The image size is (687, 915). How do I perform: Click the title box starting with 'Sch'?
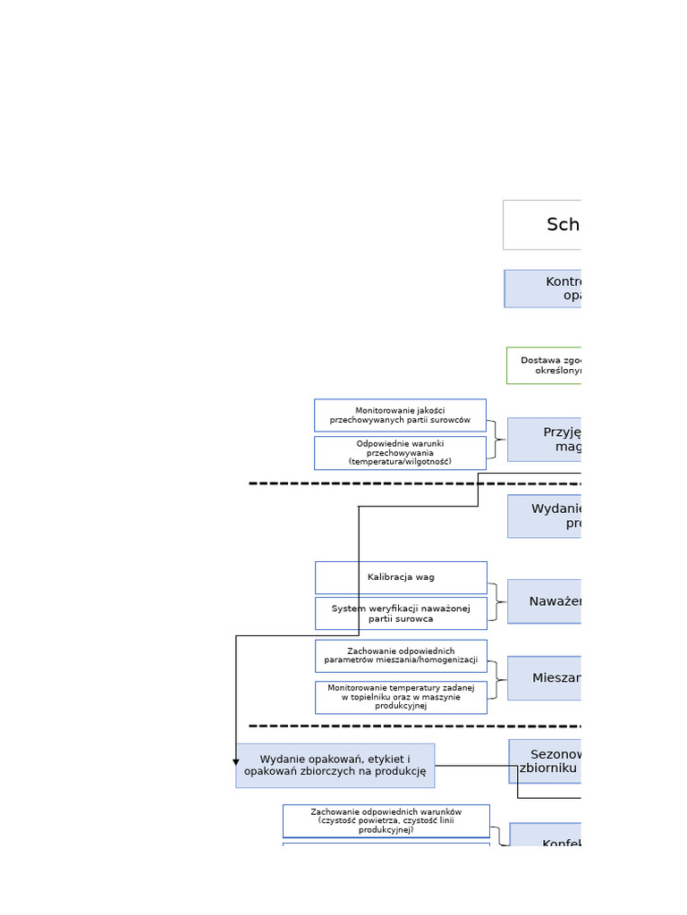[x=542, y=224]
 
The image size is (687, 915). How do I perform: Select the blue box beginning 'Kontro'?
[x=543, y=289]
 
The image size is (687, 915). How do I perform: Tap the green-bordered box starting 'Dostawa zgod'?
[x=544, y=365]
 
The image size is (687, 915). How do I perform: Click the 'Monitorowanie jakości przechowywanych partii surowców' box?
[x=400, y=416]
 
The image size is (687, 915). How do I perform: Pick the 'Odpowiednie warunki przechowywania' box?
[x=400, y=453]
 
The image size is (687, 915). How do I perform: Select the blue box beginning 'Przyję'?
[x=544, y=440]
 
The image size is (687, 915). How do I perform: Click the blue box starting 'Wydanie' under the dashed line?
[x=544, y=516]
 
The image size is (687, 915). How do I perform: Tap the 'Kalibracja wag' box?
[x=401, y=577]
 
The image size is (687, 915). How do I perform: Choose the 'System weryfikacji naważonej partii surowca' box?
[x=401, y=614]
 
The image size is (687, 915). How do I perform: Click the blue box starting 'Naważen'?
[x=544, y=601]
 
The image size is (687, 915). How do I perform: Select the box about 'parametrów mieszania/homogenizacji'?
[x=401, y=656]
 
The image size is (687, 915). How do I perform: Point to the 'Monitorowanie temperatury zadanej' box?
[x=401, y=697]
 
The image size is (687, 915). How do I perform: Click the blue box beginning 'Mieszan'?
[x=544, y=678]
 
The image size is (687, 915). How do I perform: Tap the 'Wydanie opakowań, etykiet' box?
[x=335, y=766]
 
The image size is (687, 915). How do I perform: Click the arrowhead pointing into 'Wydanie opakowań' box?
[x=236, y=761]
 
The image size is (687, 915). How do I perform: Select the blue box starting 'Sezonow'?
[x=545, y=761]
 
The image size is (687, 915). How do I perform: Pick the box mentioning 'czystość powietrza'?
[x=386, y=821]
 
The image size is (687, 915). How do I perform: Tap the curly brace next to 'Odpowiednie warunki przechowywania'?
[x=495, y=440]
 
